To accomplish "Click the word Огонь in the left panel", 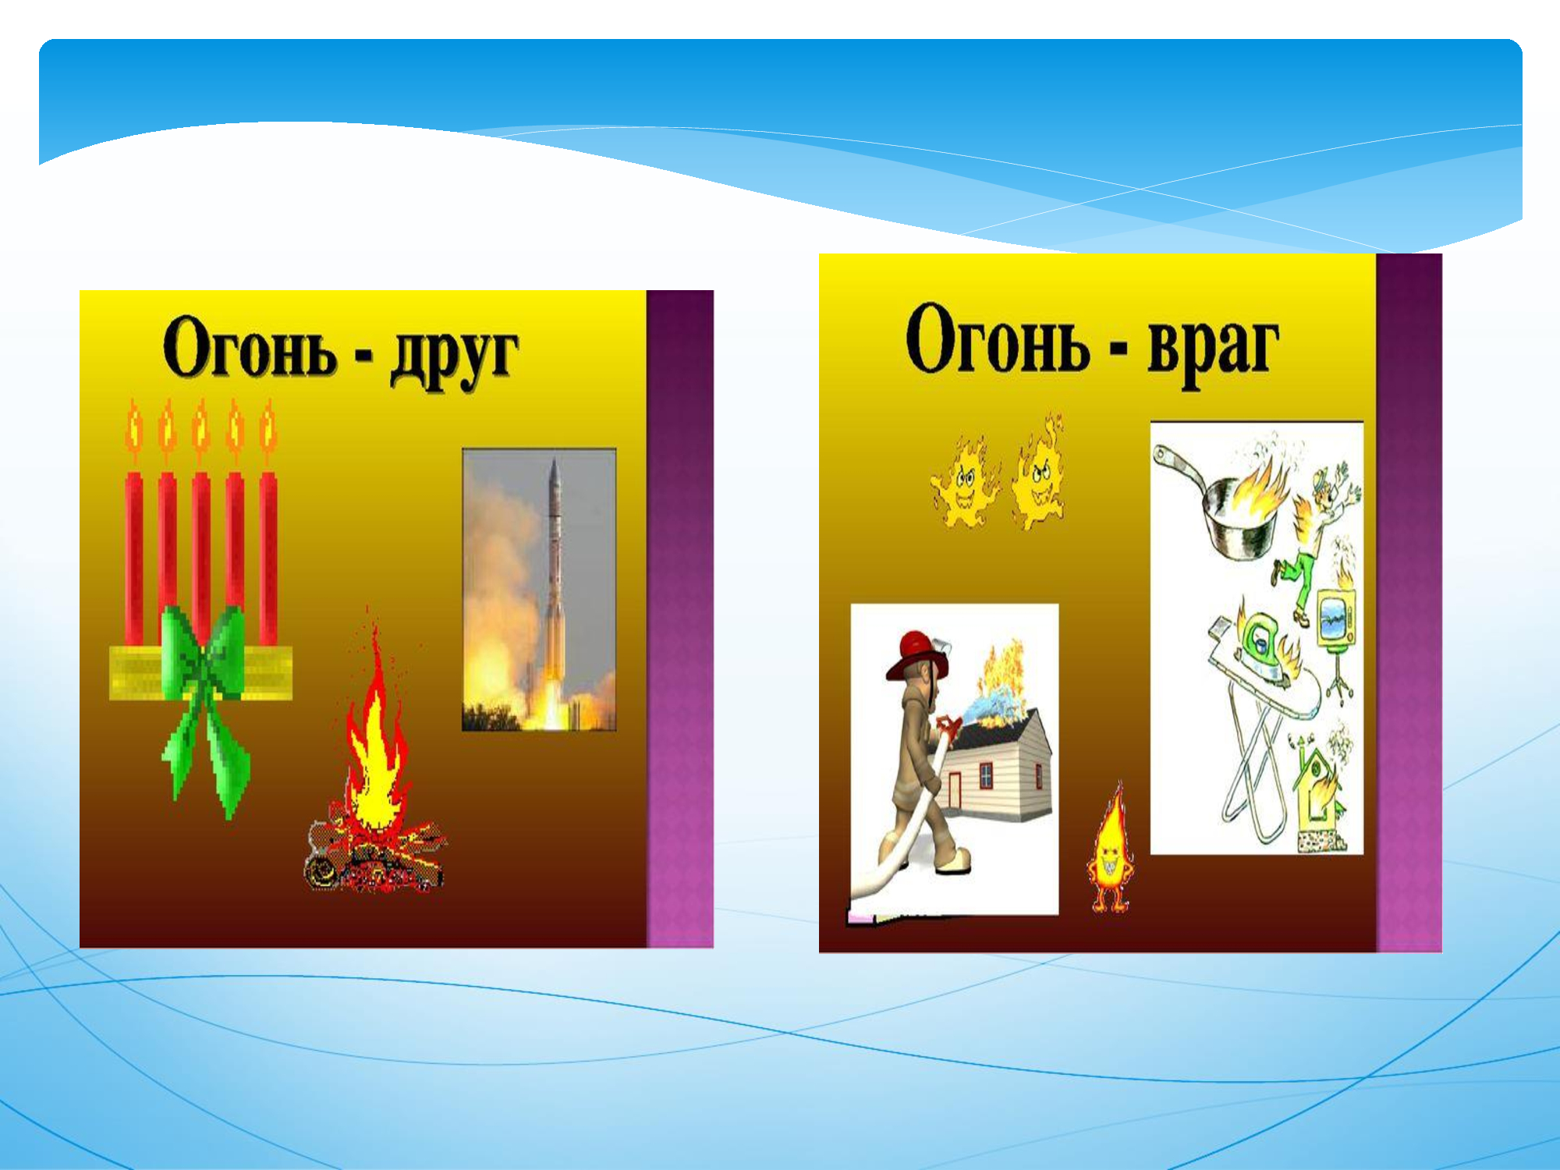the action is tap(249, 347).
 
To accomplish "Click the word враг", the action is tap(1212, 347).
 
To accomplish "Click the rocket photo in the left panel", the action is tap(539, 590).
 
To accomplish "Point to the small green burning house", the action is tap(1318, 796).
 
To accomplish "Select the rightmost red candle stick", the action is tap(268, 558).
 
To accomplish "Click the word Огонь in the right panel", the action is tap(998, 339).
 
